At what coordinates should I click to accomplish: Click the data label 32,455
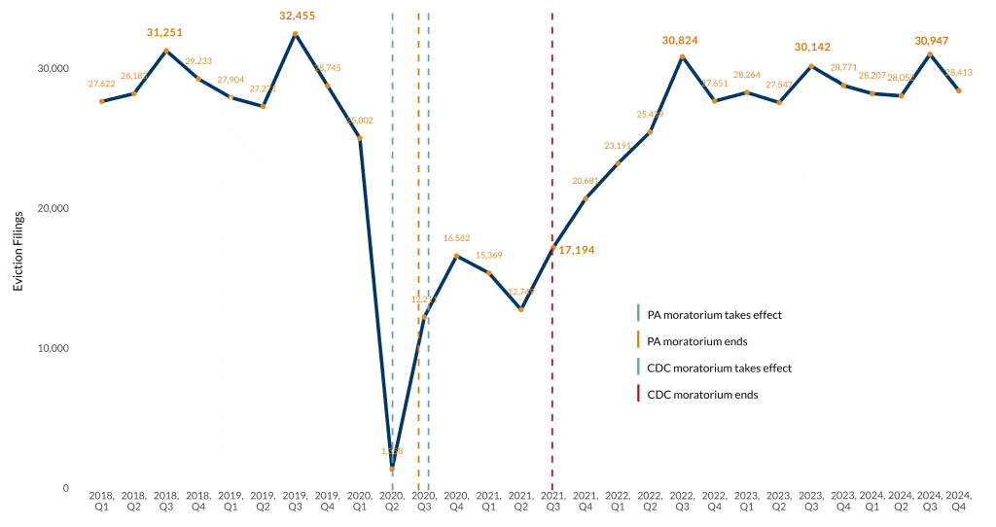pyautogui.click(x=296, y=16)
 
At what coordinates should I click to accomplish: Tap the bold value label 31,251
pyautogui.click(x=164, y=32)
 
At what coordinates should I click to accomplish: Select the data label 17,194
pyautogui.click(x=576, y=250)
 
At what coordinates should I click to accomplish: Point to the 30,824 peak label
pyautogui.click(x=680, y=41)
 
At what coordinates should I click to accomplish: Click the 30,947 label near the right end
pyautogui.click(x=933, y=41)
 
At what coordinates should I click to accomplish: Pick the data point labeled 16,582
pyautogui.click(x=457, y=256)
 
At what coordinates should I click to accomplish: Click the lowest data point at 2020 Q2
pyautogui.click(x=392, y=469)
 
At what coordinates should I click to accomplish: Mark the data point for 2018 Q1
pyautogui.click(x=101, y=101)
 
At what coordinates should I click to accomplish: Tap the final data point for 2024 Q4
pyautogui.click(x=959, y=90)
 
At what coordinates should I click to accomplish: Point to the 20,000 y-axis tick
pyautogui.click(x=51, y=208)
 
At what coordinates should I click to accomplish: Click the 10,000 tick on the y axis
pyautogui.click(x=51, y=348)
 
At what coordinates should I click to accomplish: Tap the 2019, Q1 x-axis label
pyautogui.click(x=231, y=501)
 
